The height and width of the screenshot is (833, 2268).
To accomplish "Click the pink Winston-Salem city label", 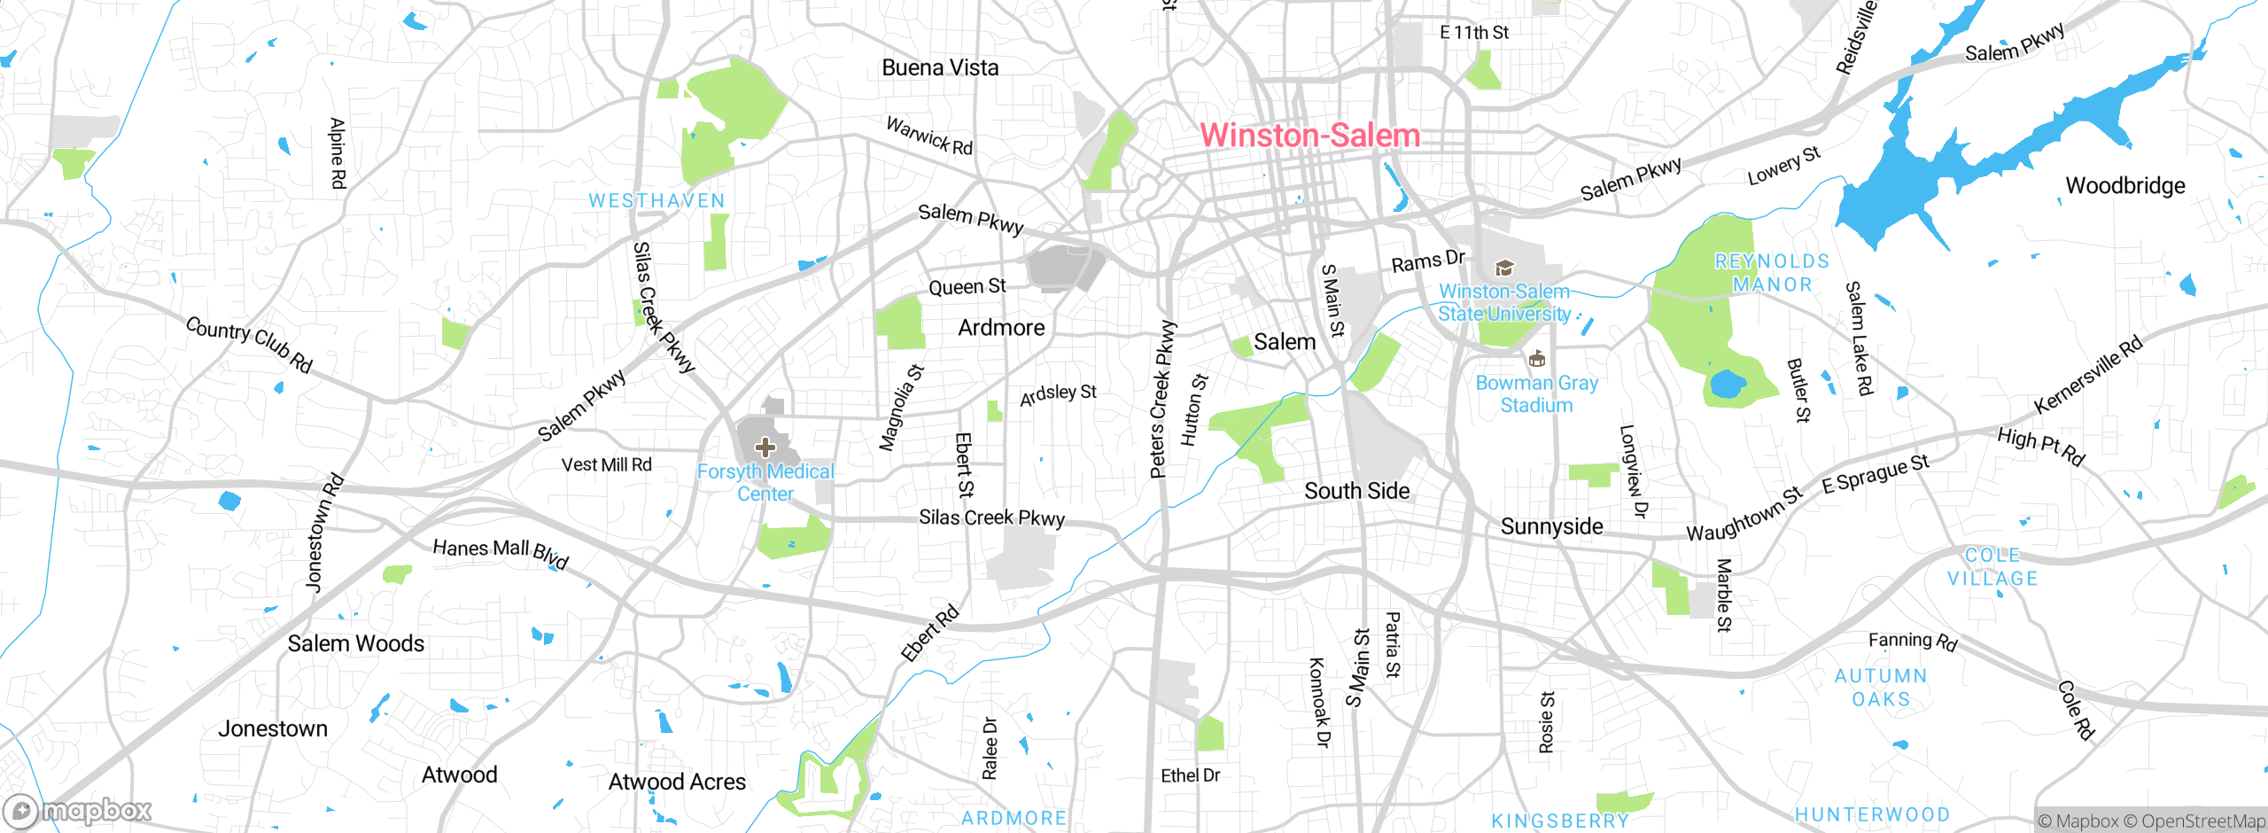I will [1309, 136].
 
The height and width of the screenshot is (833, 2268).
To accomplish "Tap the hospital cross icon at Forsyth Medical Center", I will [765, 448].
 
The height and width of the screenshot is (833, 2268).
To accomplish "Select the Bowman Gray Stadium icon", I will [1537, 359].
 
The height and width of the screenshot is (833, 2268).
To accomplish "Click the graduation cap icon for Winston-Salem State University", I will [1503, 268].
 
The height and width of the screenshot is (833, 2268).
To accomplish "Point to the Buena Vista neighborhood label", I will [940, 68].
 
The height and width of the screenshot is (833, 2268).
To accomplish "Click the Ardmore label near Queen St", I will [1001, 328].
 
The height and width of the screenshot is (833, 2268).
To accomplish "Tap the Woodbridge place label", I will [2124, 186].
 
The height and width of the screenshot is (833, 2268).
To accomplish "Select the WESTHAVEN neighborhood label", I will [656, 201].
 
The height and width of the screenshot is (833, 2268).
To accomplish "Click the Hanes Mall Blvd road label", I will [501, 552].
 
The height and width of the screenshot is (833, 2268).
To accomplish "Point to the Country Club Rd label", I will [249, 344].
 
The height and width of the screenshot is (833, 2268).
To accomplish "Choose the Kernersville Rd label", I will [2087, 375].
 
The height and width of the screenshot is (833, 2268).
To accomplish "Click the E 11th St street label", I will [1473, 33].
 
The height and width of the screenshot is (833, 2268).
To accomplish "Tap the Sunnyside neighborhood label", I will [1551, 526].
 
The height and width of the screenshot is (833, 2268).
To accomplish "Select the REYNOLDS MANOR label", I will [1772, 273].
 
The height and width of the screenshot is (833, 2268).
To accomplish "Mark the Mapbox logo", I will [78, 810].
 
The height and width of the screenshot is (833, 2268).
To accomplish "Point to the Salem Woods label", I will [355, 643].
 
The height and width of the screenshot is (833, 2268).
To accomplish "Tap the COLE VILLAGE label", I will [1992, 567].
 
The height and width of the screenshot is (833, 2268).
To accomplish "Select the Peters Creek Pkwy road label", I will [1161, 400].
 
